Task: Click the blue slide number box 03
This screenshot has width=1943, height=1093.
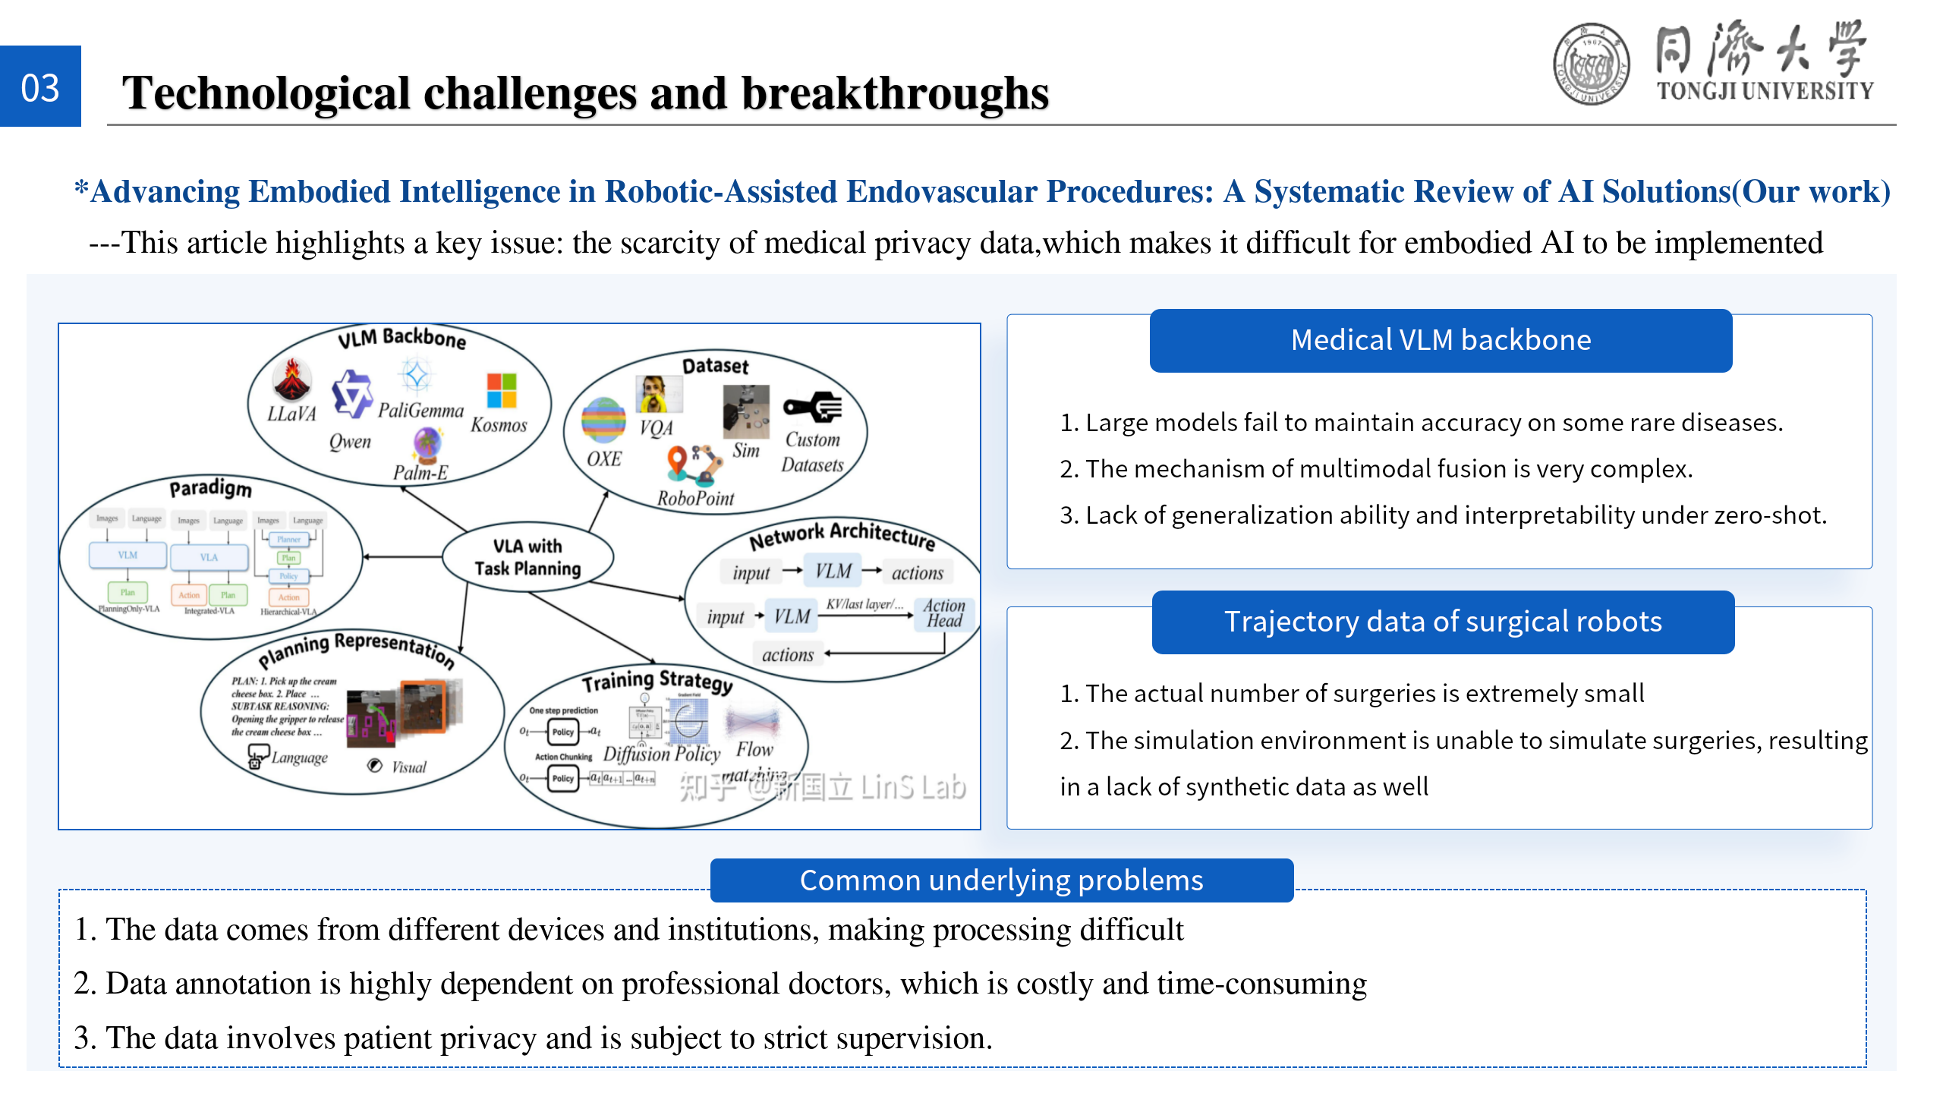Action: (x=40, y=87)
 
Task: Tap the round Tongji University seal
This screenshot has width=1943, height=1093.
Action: (x=1591, y=64)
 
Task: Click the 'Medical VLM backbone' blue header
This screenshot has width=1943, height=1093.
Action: (x=1441, y=340)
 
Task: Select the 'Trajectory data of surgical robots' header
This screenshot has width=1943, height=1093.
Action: (x=1443, y=622)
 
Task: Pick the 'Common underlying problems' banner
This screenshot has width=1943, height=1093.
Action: (x=1001, y=880)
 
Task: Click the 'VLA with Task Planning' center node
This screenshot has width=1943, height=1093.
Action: (x=527, y=557)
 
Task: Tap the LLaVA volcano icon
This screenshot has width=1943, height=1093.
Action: (x=292, y=380)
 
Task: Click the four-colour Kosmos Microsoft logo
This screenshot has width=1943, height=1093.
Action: (x=502, y=390)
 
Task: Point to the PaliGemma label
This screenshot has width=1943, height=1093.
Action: (x=420, y=411)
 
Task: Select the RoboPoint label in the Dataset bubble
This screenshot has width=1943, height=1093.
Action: (x=695, y=499)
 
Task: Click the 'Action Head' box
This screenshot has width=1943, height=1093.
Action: (x=944, y=613)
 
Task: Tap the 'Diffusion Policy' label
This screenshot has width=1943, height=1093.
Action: (x=661, y=754)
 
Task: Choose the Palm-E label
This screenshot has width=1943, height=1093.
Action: (x=420, y=472)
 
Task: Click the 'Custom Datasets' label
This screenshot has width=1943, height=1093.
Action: (x=812, y=452)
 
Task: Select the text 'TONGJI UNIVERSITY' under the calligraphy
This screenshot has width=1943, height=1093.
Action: (x=1765, y=91)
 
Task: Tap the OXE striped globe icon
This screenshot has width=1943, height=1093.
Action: (x=603, y=420)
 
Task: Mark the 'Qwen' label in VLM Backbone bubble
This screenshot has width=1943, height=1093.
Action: (x=350, y=442)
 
